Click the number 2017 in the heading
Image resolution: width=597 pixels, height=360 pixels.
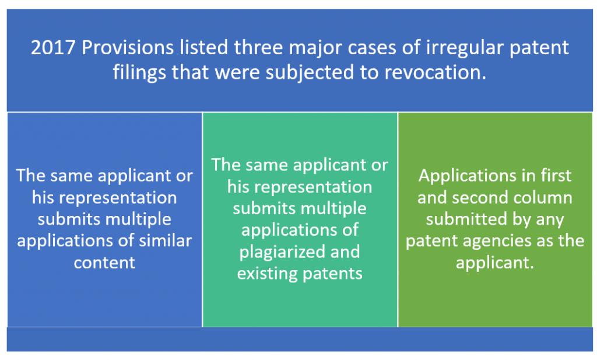tap(53, 48)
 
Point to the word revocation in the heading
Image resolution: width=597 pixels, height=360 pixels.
tap(435, 73)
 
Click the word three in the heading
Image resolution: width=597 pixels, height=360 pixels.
tap(257, 48)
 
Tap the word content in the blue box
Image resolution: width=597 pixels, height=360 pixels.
tap(104, 263)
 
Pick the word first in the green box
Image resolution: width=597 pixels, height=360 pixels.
tap(556, 175)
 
